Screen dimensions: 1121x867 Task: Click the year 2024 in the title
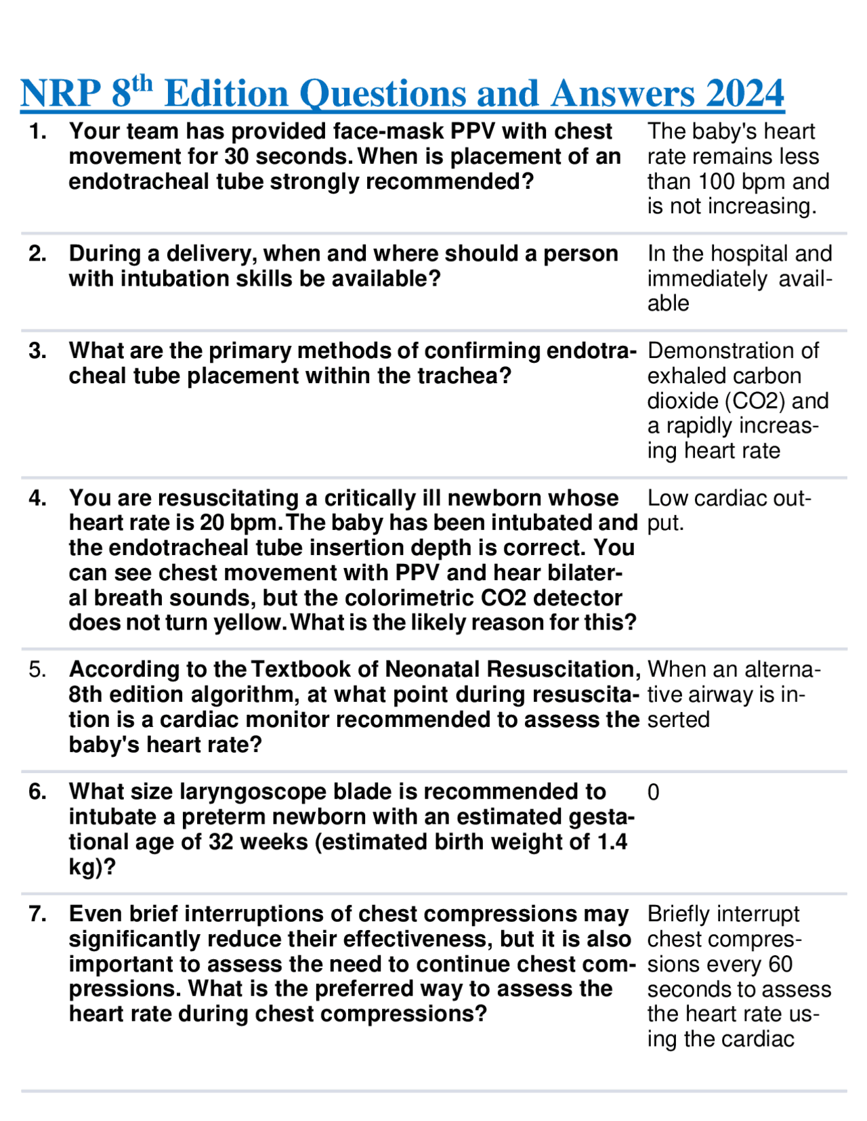pyautogui.click(x=744, y=93)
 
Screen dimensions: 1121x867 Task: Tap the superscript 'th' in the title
pyautogui.click(x=142, y=84)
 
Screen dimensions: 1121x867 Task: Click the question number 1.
pyautogui.click(x=38, y=131)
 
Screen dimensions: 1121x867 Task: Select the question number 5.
pyautogui.click(x=38, y=669)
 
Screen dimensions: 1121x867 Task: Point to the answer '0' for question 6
pyautogui.click(x=653, y=793)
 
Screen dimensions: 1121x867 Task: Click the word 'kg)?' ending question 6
pyautogui.click(x=92, y=867)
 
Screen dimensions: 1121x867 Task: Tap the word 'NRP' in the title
pyautogui.click(x=61, y=93)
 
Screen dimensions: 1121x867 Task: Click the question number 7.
pyautogui.click(x=38, y=915)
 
